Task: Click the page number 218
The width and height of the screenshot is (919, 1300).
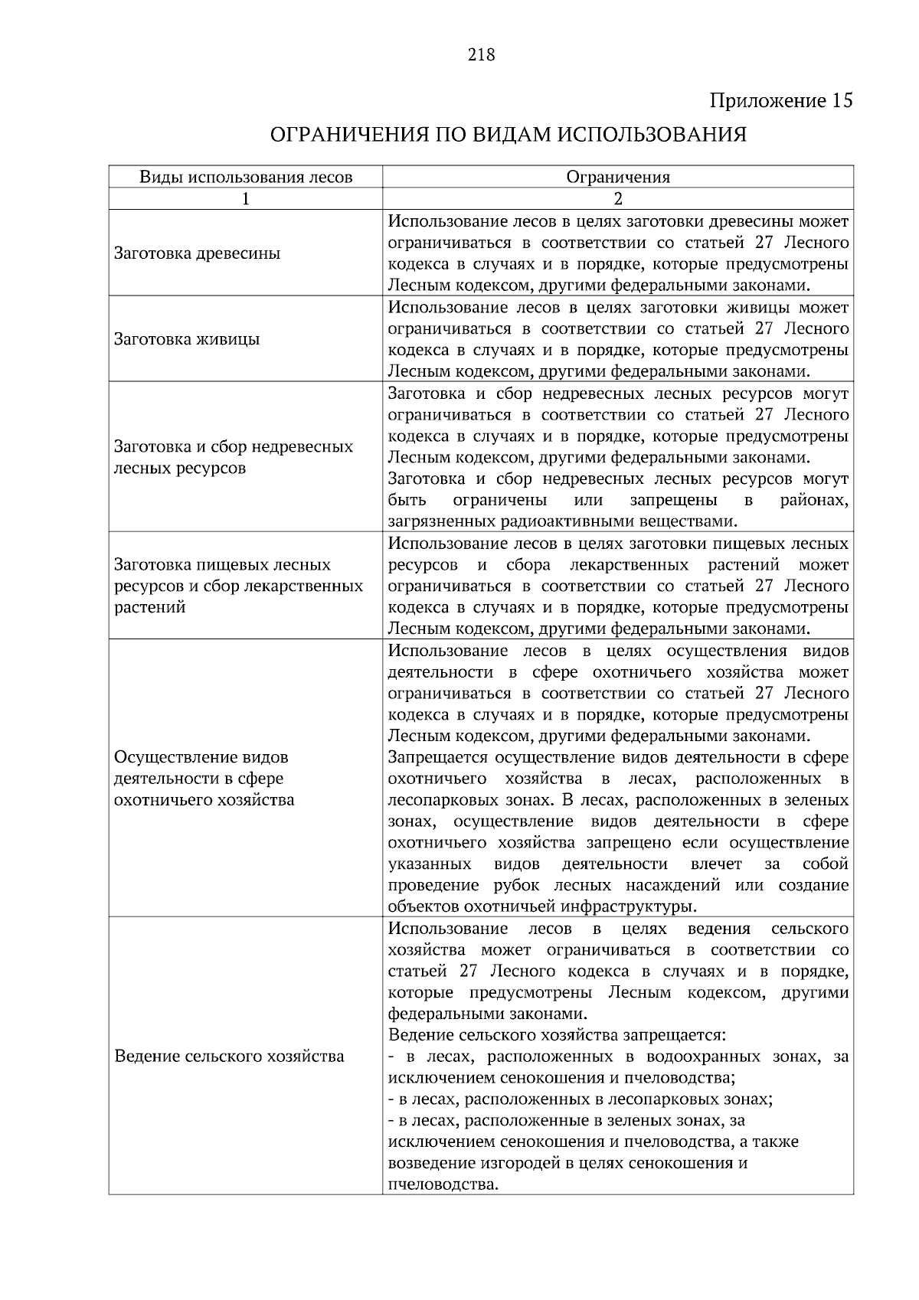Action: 481,55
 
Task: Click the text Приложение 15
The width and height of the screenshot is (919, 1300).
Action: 780,101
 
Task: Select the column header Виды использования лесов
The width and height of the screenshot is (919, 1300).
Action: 246,178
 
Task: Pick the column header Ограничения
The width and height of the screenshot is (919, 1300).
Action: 618,178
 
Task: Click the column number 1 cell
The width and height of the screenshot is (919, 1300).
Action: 246,198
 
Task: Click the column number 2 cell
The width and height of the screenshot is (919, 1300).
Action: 618,198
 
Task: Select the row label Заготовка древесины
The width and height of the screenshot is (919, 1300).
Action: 197,253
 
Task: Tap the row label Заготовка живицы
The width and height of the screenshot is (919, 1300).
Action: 187,339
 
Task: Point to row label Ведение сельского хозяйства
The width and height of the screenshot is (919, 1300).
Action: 229,1057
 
